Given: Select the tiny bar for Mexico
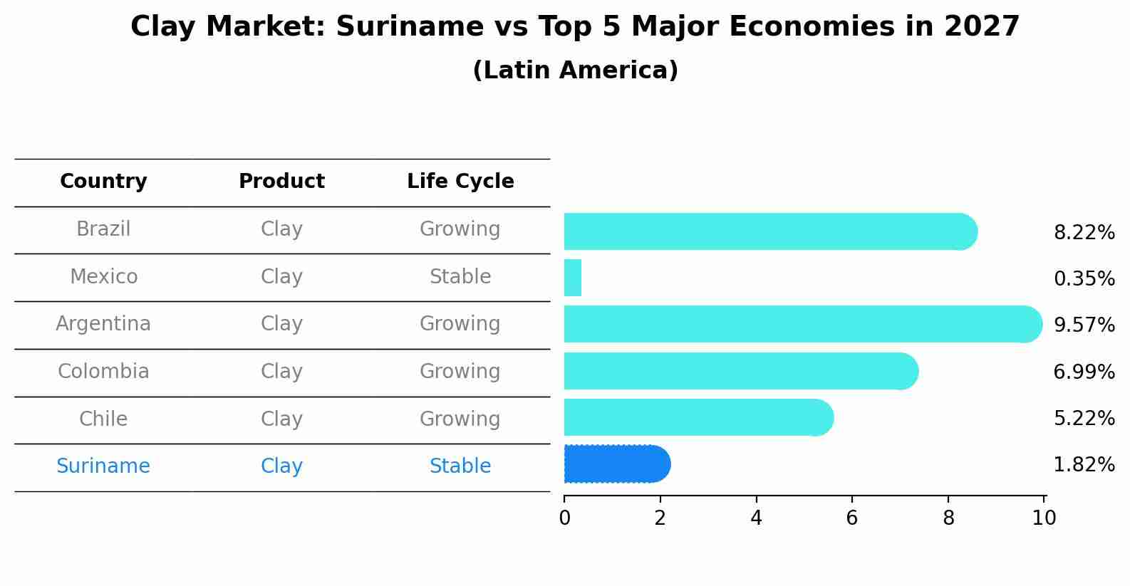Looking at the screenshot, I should coord(573,278).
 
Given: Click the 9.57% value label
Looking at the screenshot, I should coord(1084,325).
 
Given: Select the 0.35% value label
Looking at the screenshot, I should coord(1084,278).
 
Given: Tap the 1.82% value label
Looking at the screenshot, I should coord(1084,465).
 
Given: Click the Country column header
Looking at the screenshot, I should coord(103,182).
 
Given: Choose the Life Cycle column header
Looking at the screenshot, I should coord(460,182).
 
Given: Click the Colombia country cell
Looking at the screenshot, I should coord(103,372).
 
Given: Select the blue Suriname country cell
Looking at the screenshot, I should coord(103,466).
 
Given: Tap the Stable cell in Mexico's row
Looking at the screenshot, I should coord(460,277).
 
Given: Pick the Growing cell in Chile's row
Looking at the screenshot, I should coord(460,419).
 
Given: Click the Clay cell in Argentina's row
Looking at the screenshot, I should coord(281,324).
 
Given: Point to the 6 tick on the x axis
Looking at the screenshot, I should coord(852,518).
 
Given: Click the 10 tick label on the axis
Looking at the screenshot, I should coord(1044,518).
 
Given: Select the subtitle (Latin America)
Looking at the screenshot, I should coord(575,70).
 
